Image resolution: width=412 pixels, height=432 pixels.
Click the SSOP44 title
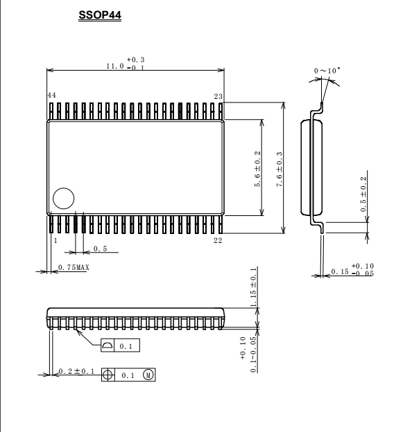(x=100, y=15)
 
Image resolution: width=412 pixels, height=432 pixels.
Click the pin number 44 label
(x=51, y=96)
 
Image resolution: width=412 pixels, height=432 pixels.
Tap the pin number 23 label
(x=218, y=96)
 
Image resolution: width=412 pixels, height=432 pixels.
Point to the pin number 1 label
(x=55, y=240)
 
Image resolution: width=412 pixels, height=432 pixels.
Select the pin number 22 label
(x=218, y=240)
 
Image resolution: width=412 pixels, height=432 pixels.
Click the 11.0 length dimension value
(x=115, y=66)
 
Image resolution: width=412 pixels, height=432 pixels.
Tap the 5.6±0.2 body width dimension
(x=257, y=169)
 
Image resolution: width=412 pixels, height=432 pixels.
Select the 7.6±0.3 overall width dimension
(x=279, y=169)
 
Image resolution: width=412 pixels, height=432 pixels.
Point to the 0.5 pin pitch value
(x=100, y=249)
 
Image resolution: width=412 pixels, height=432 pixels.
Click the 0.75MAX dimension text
(x=74, y=267)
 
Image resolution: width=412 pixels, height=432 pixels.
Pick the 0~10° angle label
(x=327, y=71)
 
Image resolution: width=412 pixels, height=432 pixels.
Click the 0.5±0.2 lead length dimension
(x=363, y=195)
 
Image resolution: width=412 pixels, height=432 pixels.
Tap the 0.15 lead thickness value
(x=340, y=271)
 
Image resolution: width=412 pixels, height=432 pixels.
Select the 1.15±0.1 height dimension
(x=253, y=287)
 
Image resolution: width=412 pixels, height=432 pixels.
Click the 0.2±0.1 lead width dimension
(x=76, y=371)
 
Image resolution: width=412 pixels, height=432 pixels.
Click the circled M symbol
(x=148, y=375)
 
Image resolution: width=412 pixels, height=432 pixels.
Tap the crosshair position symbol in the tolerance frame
(x=108, y=375)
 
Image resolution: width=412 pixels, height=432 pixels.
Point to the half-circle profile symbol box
(x=108, y=345)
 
